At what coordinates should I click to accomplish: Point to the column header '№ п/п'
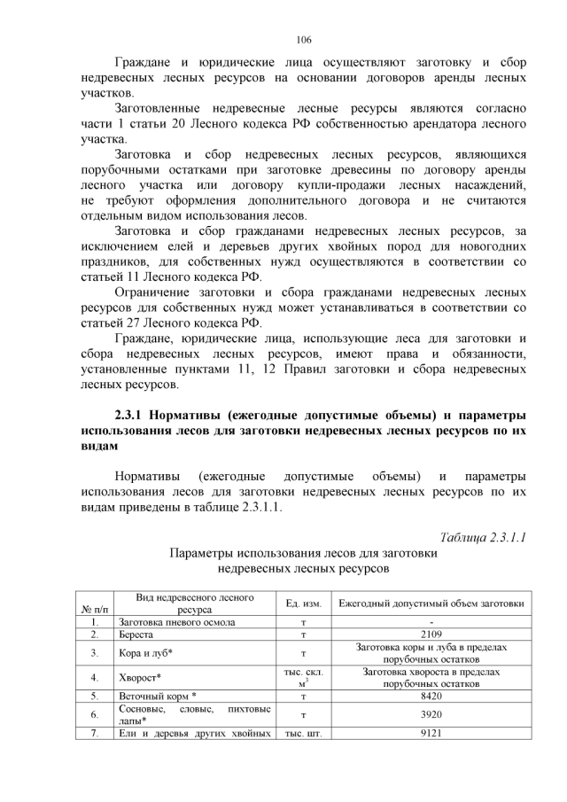94,610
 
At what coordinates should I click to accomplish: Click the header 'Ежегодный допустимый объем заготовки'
431,603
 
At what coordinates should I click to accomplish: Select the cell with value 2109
431,635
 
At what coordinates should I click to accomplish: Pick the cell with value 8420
431,697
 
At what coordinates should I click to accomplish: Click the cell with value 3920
431,714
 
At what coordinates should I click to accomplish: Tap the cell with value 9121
431,732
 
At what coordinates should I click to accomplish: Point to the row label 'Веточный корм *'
157,697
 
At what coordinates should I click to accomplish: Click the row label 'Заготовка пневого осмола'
176,622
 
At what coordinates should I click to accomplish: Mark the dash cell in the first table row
431,622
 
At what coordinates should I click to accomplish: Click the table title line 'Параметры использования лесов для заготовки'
304,552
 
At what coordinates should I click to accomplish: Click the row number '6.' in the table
94,714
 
